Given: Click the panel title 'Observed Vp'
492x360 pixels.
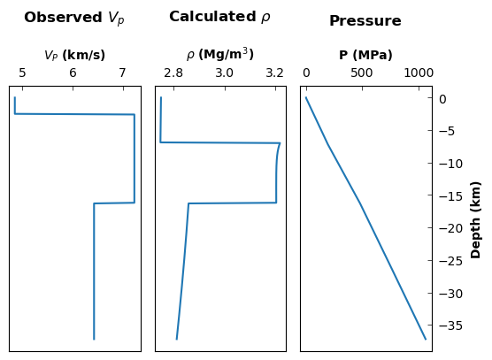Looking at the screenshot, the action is point(74,18).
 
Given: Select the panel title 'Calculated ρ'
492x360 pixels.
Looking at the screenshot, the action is point(219,17).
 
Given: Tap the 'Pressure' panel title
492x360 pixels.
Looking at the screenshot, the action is point(365,21).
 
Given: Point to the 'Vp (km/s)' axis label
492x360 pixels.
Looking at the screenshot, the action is point(74,55).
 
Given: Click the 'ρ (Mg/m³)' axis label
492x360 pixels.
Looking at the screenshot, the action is point(220,54).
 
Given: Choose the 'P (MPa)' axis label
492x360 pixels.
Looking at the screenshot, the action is point(365,55).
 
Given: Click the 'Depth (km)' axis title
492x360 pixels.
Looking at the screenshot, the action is point(476,220).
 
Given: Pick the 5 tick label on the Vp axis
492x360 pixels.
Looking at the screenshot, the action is point(22,73).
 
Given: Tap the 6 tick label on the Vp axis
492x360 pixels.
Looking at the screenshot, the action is point(73,73).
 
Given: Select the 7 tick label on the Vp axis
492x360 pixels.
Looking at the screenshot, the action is point(123,73).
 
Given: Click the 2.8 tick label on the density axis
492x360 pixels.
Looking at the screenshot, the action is point(173,73).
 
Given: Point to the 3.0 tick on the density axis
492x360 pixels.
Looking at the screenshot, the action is point(225,73).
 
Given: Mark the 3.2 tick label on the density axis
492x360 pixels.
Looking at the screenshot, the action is point(275,73).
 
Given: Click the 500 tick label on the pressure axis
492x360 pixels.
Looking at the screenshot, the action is point(362,73).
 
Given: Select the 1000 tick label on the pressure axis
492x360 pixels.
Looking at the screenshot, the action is point(419,73).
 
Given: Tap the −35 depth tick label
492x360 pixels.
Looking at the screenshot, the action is point(451,326).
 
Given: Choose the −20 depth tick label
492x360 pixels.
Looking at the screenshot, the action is point(451,228).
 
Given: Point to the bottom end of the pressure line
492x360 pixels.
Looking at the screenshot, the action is point(426,339).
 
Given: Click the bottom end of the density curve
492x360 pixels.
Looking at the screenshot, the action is point(177,339).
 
